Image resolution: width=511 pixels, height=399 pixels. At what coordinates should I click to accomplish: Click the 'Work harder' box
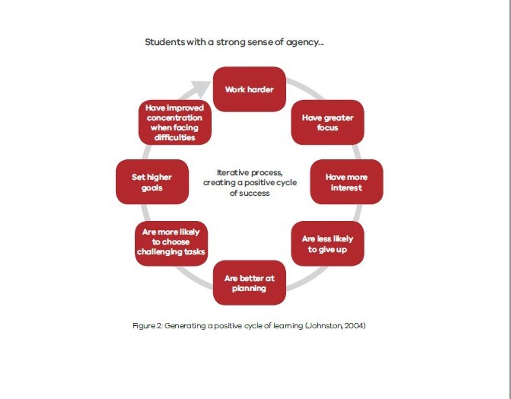pyautogui.click(x=250, y=89)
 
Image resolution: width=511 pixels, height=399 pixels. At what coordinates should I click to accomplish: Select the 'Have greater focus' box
pyautogui.click(x=327, y=122)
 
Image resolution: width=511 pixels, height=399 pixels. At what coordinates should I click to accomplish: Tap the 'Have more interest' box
pyautogui.click(x=347, y=182)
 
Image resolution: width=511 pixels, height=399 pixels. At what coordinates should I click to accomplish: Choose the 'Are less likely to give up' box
pyautogui.click(x=327, y=244)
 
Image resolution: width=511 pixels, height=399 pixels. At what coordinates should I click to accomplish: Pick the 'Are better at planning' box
pyautogui.click(x=250, y=283)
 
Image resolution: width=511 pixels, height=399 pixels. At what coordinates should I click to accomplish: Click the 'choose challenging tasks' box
pyautogui.click(x=171, y=244)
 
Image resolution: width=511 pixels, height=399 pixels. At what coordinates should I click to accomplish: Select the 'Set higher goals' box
pyautogui.click(x=152, y=182)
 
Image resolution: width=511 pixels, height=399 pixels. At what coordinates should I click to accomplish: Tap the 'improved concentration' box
pyautogui.click(x=175, y=122)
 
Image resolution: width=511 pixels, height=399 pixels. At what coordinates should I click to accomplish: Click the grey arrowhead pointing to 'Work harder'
pyautogui.click(x=201, y=88)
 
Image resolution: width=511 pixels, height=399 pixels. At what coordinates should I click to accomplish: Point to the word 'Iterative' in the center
pyautogui.click(x=233, y=173)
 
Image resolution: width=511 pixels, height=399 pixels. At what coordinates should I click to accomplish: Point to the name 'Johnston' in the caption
pyautogui.click(x=325, y=326)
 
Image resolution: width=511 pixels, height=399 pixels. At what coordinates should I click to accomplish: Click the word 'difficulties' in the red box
pyautogui.click(x=175, y=137)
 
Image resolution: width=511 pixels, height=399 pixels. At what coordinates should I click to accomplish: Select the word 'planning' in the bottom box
pyautogui.click(x=249, y=289)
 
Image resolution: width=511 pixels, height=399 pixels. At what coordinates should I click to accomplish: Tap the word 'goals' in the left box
pyautogui.click(x=152, y=188)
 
